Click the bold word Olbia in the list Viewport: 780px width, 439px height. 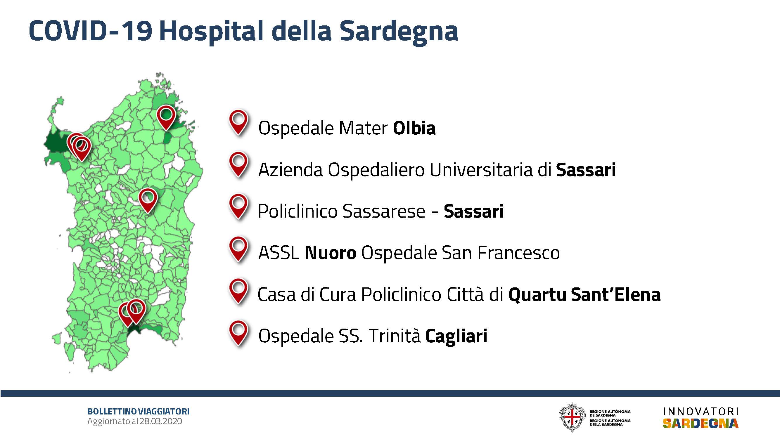tap(414, 128)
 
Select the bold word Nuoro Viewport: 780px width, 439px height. tap(330, 253)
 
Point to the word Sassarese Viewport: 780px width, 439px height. tap(384, 211)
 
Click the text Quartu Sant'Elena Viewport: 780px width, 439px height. tap(584, 295)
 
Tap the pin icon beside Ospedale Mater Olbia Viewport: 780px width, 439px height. tap(238, 123)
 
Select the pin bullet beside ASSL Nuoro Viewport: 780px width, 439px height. tap(238, 250)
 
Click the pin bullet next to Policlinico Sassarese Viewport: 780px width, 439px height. tap(238, 207)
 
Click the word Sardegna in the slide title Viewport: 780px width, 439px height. tap(399, 32)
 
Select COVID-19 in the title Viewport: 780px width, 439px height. tap(91, 31)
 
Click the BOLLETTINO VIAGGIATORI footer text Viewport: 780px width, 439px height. tap(138, 412)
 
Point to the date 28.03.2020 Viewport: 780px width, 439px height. tap(161, 421)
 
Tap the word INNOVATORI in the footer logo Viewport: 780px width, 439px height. tap(701, 412)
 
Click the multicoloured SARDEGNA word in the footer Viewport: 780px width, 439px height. tap(701, 423)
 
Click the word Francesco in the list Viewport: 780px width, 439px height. tap(518, 253)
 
